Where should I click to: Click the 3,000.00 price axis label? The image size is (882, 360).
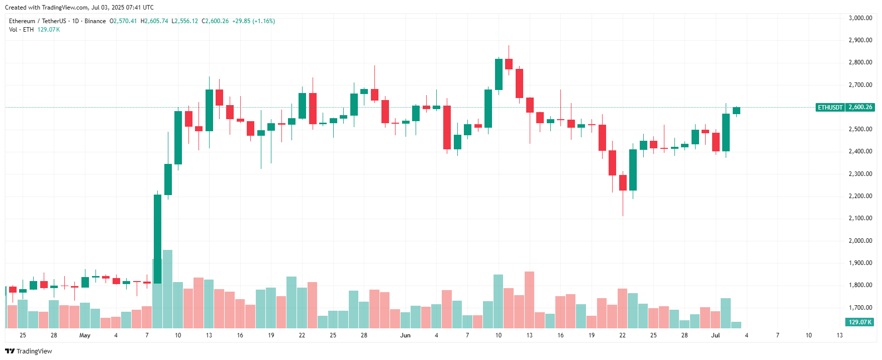[x=860, y=18]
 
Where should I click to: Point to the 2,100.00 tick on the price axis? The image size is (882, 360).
[x=860, y=218]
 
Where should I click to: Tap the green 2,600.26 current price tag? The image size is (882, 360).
[x=861, y=107]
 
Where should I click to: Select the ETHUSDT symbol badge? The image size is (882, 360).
[x=830, y=107]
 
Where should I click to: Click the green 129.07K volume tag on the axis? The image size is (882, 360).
[x=860, y=322]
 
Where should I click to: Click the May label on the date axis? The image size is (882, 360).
[x=85, y=335]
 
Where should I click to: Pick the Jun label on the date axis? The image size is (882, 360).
[x=405, y=335]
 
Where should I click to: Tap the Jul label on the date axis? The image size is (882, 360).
[x=715, y=335]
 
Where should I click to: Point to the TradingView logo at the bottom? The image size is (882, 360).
[x=29, y=351]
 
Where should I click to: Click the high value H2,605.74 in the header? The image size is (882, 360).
[x=154, y=21]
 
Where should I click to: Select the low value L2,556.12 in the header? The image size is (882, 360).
[x=184, y=21]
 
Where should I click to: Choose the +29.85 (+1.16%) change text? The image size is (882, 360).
[x=253, y=21]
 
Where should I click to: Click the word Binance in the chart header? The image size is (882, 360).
[x=95, y=21]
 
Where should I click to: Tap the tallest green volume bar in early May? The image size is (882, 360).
[x=168, y=289]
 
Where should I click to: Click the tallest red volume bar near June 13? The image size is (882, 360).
[x=529, y=300]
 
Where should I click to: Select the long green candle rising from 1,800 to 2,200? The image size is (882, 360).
[x=157, y=239]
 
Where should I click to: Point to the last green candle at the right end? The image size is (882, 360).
[x=736, y=111]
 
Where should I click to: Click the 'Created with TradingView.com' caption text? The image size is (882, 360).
[x=79, y=8]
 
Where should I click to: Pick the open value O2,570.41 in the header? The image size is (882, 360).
[x=123, y=21]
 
